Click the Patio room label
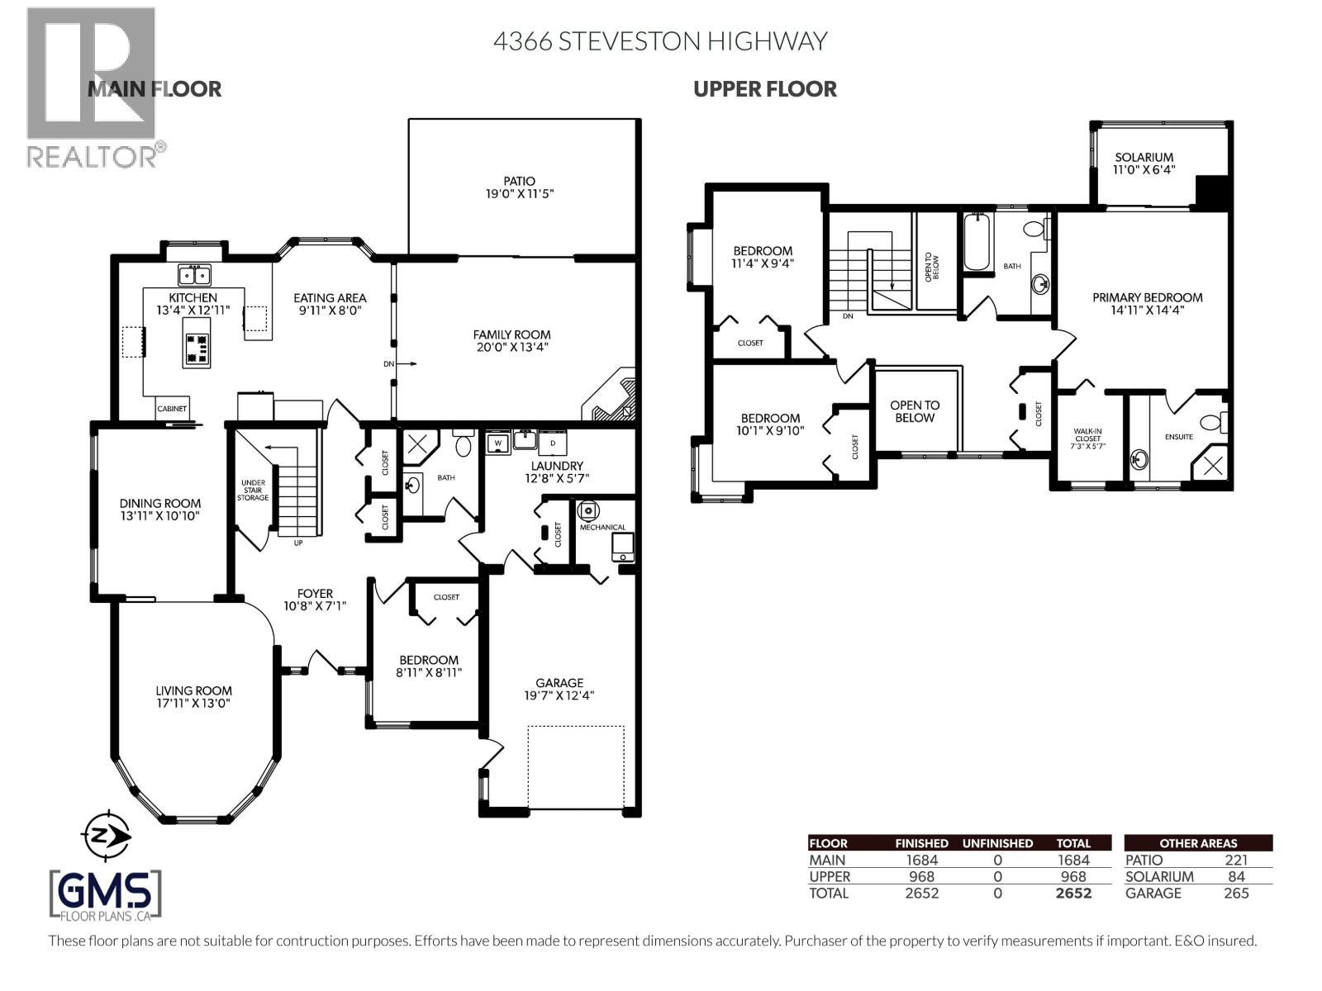(519, 181)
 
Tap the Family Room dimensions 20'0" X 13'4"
(511, 347)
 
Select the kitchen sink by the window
(194, 275)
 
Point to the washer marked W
(497, 443)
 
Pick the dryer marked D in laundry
(552, 443)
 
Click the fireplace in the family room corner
(610, 396)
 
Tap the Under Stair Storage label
(253, 490)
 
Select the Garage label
(559, 682)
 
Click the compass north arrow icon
(106, 836)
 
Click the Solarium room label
(1144, 157)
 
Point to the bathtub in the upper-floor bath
(976, 242)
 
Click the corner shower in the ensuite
(1210, 462)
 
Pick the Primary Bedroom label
(1147, 297)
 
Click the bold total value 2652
(1073, 893)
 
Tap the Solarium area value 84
(1236, 877)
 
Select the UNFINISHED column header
(997, 843)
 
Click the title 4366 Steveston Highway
(660, 41)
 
